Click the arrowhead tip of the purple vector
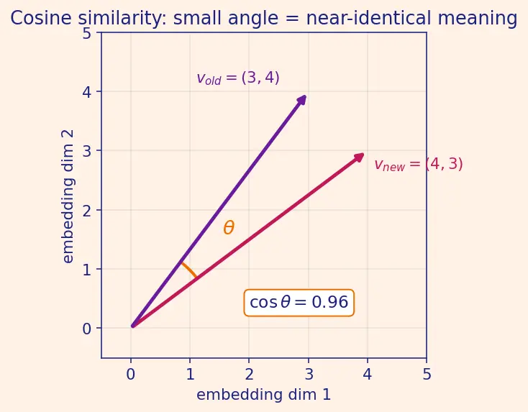(x=306, y=96)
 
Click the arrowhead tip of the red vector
(x=364, y=154)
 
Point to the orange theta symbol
(x=229, y=227)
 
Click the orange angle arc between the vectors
(x=189, y=269)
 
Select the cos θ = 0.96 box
(x=299, y=302)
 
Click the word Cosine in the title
(x=41, y=18)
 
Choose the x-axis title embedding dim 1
(x=264, y=395)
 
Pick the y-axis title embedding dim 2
(x=68, y=197)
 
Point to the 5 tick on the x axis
(x=427, y=375)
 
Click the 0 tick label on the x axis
(x=131, y=375)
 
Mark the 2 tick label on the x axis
(x=249, y=375)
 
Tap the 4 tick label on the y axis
(x=87, y=92)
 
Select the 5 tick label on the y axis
(x=87, y=33)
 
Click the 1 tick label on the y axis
(x=87, y=270)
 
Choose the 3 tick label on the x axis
(x=308, y=375)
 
